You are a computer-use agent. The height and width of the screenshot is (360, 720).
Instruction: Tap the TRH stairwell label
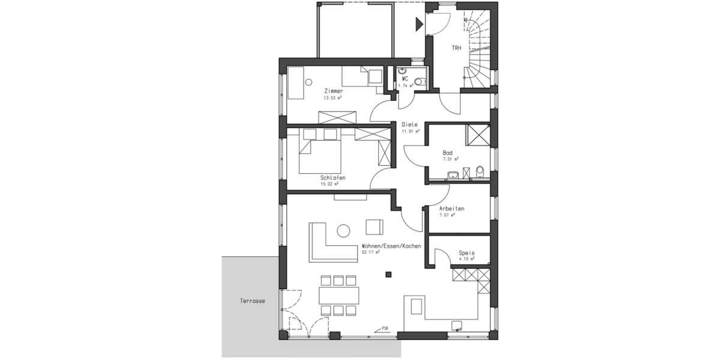[x=457, y=48]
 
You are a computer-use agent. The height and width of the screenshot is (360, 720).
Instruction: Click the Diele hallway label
[x=410, y=124]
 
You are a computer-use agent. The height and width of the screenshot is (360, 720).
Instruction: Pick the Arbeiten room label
[x=452, y=208]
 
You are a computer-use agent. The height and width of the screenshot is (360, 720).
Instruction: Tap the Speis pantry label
[x=466, y=253]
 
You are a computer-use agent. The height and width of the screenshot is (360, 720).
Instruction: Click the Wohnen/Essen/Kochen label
[x=391, y=246]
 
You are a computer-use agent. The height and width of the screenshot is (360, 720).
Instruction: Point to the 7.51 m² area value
[x=451, y=159]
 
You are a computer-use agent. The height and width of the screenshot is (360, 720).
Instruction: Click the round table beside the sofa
[x=344, y=230]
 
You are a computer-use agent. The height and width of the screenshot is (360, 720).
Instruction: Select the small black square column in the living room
[x=388, y=275]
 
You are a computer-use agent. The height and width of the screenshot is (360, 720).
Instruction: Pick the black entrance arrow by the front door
[x=419, y=25]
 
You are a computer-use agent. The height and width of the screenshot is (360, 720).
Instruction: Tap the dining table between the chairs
[x=339, y=295]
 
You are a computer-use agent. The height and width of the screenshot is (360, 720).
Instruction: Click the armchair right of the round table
[x=374, y=227]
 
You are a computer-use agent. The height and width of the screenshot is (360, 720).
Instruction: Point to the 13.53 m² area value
[x=333, y=98]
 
